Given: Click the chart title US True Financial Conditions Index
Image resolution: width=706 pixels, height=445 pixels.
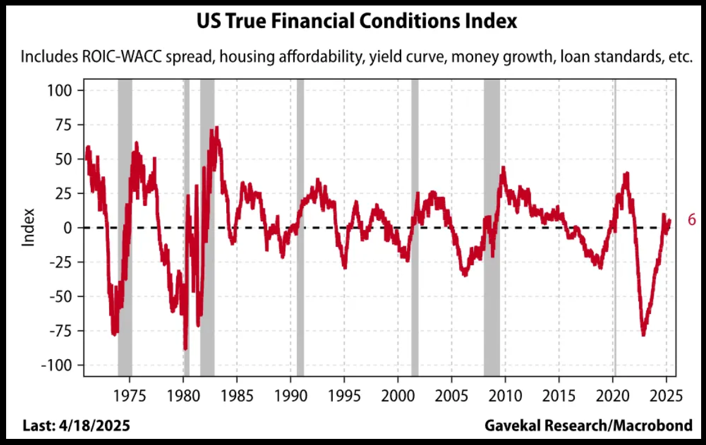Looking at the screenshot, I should (356, 22).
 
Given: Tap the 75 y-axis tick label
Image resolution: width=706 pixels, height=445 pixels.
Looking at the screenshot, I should (63, 125).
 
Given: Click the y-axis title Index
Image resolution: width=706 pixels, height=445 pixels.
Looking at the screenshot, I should (28, 228).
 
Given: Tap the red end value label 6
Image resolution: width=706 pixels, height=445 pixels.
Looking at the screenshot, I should (691, 220).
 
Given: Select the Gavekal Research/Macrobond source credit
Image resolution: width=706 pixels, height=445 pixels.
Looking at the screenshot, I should (588, 425).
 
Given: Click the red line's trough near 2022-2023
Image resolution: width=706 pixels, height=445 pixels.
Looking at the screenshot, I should (643, 335).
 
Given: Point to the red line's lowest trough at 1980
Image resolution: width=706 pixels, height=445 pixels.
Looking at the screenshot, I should (185, 349).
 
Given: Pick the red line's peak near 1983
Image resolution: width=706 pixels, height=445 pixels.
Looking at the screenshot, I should (216, 127).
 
